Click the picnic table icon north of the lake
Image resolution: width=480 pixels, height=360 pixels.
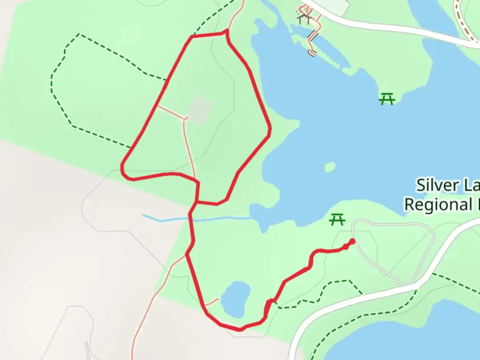(387, 99)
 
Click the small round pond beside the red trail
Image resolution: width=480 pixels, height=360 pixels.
(235, 299)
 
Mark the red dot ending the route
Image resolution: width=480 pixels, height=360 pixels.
(352, 241)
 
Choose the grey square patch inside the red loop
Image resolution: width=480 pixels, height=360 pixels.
(200, 110)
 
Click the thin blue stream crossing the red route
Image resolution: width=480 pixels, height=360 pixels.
(220, 219)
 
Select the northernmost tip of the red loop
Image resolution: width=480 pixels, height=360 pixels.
(227, 31)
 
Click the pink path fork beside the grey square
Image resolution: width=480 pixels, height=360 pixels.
(185, 118)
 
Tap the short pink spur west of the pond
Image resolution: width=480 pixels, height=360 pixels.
(212, 302)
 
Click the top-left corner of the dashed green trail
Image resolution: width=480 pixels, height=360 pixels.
(79, 34)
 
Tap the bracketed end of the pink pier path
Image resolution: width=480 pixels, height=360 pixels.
(312, 52)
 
